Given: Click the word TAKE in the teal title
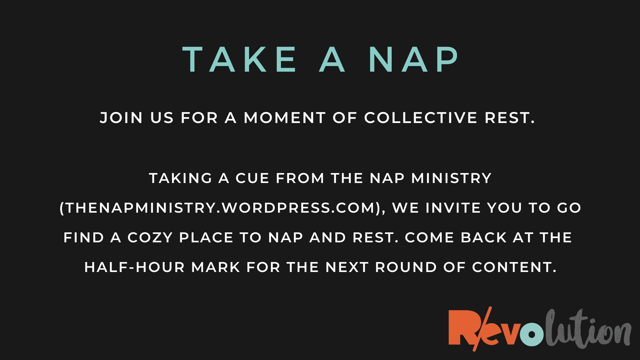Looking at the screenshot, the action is tap(240, 59).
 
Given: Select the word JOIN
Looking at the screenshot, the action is tap(121, 118).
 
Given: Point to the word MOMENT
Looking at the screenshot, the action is tap(285, 118).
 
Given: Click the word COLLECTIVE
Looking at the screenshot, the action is tap(421, 118).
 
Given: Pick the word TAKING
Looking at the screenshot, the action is tap(180, 178).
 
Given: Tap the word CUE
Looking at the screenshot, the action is tap(252, 178).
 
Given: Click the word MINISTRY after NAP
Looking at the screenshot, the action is tap(451, 178).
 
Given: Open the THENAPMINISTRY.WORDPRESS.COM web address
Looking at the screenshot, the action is tap(220, 208).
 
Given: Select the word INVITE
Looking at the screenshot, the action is tap(453, 208).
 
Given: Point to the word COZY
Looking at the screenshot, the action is tap(150, 238).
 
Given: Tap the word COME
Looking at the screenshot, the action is tap(429, 238).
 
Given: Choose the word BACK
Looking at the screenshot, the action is tap(484, 238).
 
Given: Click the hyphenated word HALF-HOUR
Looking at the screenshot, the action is tap(135, 267).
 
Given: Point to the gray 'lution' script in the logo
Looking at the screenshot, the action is tap(587, 329).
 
